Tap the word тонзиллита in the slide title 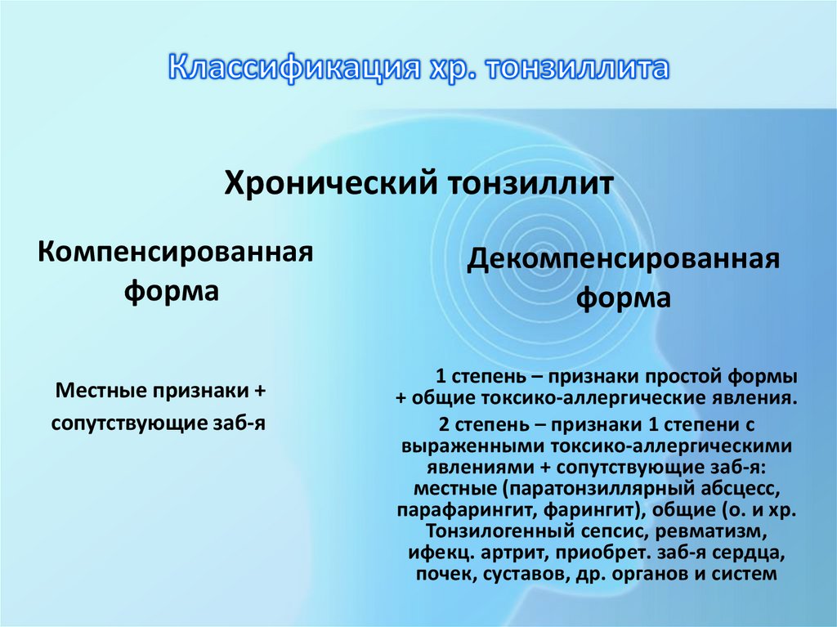[x=578, y=68]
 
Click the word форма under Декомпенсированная [x=624, y=298]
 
